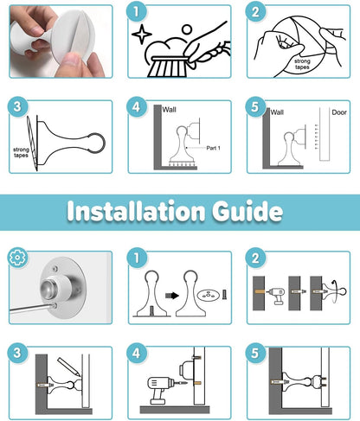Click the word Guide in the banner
(x=247, y=211)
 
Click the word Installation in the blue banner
(x=136, y=211)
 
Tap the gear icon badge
(x=17, y=258)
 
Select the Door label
(x=339, y=112)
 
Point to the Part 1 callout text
(x=213, y=148)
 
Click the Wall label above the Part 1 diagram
(x=169, y=110)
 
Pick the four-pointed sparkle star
(x=142, y=35)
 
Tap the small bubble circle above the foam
(x=187, y=29)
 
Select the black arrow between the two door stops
(x=172, y=296)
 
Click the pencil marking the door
(x=68, y=367)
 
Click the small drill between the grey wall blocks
(x=276, y=295)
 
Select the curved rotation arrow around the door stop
(x=334, y=291)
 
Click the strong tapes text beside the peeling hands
(x=302, y=64)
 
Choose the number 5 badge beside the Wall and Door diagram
(x=255, y=106)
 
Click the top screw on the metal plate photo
(x=55, y=270)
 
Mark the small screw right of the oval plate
(x=225, y=295)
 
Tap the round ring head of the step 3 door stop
(x=96, y=143)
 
